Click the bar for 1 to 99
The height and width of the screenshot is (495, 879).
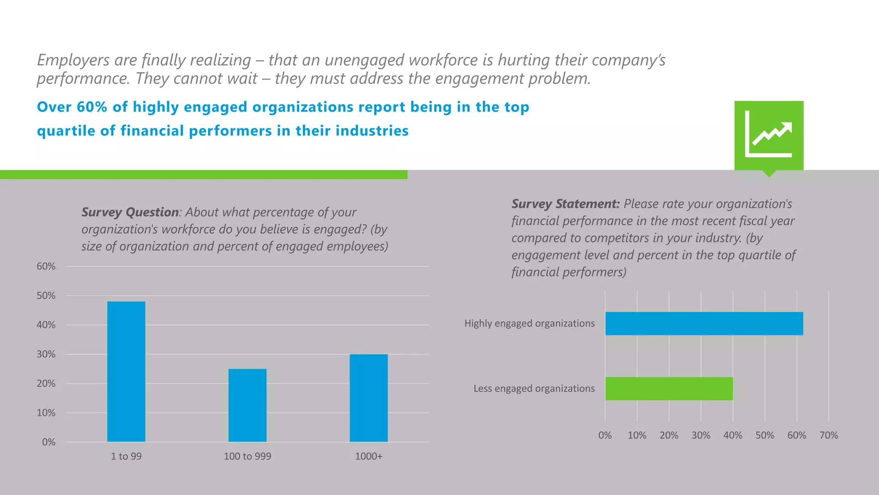click(x=126, y=372)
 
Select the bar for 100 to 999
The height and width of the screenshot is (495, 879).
click(x=247, y=405)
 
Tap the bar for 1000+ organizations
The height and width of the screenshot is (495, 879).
click(x=368, y=398)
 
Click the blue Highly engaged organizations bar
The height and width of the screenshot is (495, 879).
click(x=704, y=324)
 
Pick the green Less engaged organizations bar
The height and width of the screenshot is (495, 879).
click(x=669, y=388)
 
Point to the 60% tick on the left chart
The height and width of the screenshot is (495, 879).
click(x=46, y=266)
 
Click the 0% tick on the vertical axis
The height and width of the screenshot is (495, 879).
click(x=48, y=442)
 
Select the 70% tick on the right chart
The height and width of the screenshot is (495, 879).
click(x=828, y=435)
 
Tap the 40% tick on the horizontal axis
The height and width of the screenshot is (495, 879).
click(x=733, y=435)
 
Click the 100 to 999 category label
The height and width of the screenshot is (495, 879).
click(x=247, y=456)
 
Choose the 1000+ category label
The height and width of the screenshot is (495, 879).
click(x=368, y=456)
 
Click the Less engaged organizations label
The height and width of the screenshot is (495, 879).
click(x=534, y=388)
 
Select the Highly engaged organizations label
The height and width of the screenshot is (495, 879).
click(x=529, y=324)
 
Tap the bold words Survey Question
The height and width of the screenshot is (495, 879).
click(x=130, y=212)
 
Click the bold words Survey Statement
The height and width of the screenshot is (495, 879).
click(x=565, y=204)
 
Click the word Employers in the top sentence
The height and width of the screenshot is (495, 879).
click(x=73, y=60)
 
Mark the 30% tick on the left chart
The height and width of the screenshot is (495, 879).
click(x=46, y=354)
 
